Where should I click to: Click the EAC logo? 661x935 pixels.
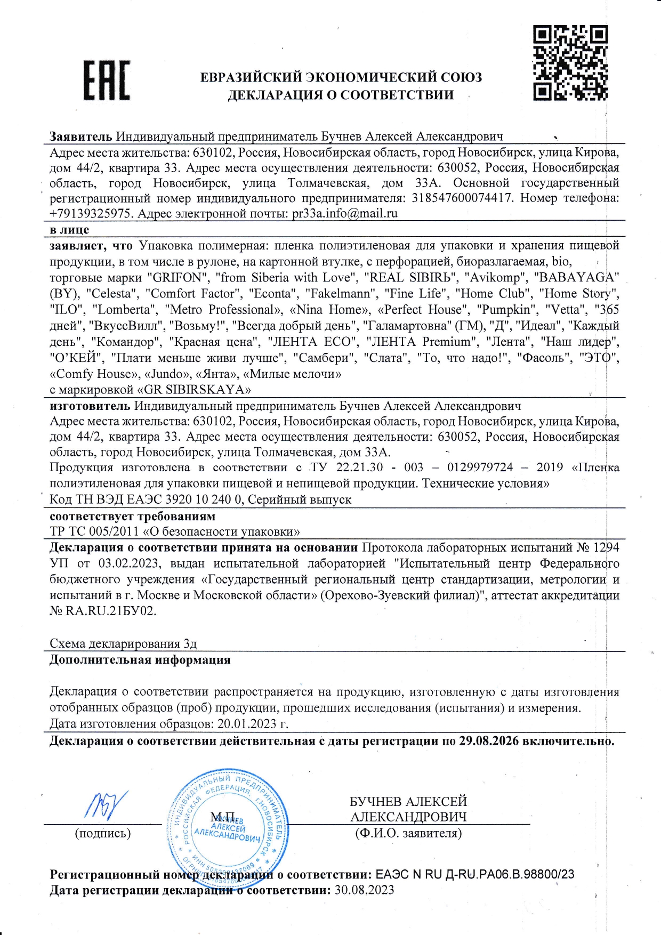point(107,80)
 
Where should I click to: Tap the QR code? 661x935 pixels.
point(570,63)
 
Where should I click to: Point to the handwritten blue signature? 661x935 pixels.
point(106,805)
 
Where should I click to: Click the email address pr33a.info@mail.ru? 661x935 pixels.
point(345,214)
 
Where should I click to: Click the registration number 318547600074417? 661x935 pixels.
point(462,198)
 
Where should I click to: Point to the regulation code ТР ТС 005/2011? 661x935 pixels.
point(94,531)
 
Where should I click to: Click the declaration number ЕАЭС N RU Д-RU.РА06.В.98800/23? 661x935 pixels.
point(475,875)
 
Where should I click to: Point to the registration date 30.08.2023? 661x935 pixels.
point(365,890)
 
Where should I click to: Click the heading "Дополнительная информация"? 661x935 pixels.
point(140,660)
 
